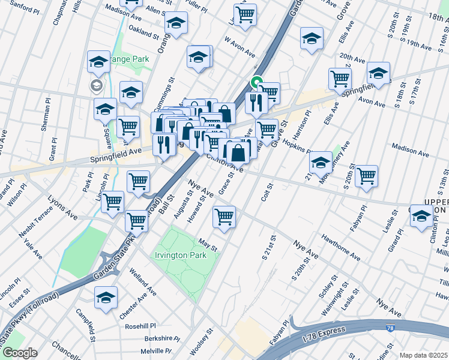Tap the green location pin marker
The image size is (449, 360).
click(x=256, y=83)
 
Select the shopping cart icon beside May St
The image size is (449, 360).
click(x=224, y=216)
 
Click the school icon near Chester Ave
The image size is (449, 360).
click(x=106, y=297)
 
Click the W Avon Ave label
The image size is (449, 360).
click(x=241, y=47)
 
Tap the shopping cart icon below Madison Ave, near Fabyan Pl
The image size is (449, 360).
click(x=366, y=176)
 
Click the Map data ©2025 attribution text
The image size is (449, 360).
click(x=424, y=355)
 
